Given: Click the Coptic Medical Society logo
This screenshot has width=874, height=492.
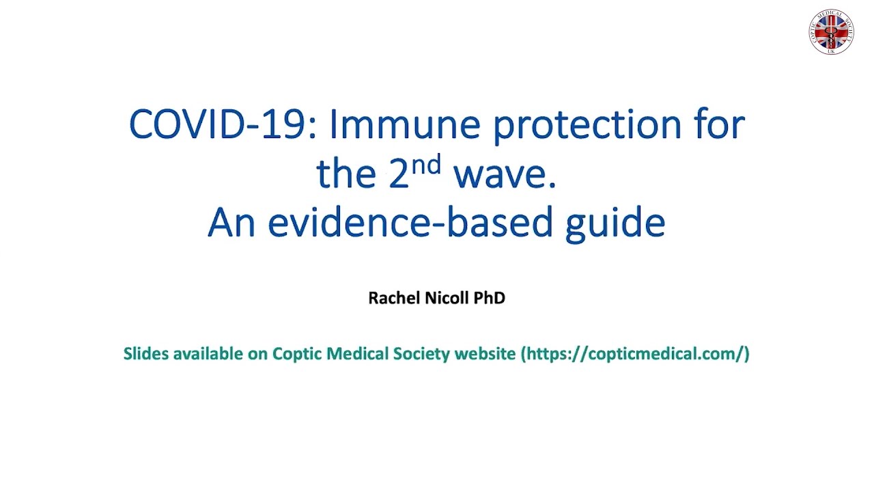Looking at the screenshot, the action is (831, 31).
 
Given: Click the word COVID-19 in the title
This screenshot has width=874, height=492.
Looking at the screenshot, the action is (222, 124).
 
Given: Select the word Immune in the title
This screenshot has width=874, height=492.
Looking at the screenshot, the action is (405, 124).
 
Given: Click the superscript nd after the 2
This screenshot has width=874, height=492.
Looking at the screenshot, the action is (427, 164).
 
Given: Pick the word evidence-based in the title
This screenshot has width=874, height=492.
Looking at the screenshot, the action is (410, 223).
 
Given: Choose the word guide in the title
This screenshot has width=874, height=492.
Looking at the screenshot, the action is (615, 225).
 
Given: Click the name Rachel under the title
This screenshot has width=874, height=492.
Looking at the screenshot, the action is (394, 298).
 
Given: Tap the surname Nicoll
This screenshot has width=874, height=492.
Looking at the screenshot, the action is (447, 298).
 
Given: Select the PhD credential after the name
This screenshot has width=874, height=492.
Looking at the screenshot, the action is (490, 298).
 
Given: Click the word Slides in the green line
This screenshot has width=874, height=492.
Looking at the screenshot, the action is (146, 354).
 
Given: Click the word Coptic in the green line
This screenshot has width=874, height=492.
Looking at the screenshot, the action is (297, 355).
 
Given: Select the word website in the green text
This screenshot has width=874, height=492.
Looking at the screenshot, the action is (485, 354).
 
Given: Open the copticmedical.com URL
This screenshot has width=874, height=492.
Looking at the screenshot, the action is (635, 355).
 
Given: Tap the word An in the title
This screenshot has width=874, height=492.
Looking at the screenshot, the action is (231, 223).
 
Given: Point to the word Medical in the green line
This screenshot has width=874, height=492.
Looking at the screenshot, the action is (357, 354).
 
